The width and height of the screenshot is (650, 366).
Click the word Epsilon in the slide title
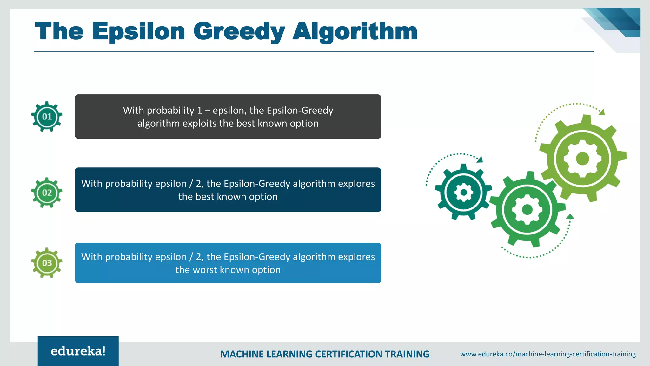coord(138,31)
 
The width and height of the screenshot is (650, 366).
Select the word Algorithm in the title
coord(355,31)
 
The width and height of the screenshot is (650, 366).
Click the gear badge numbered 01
coord(47,117)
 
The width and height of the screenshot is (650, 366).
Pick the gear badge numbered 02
coord(47,193)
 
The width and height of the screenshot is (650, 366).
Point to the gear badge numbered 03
coord(47,263)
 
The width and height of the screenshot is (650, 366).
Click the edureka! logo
coord(78,351)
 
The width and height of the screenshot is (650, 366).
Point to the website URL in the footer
coord(548,354)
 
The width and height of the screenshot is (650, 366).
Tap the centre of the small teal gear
coord(463,192)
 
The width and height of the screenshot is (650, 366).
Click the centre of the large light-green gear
coord(582,158)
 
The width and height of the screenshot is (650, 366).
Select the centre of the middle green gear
coord(527,209)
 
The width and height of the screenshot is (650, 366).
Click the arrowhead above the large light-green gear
coord(602,112)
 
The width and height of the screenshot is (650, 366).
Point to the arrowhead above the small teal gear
coord(480,159)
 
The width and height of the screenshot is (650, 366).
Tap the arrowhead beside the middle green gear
coord(570,217)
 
